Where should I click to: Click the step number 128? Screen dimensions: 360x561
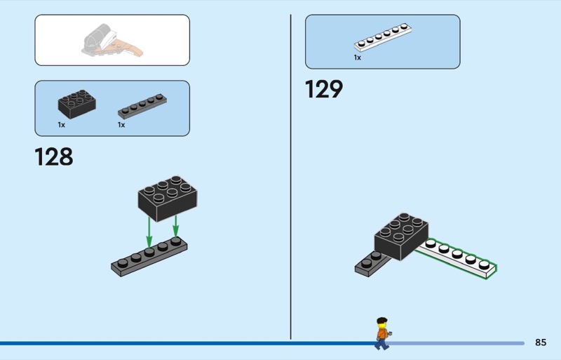(54, 156)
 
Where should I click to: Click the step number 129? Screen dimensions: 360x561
(324, 89)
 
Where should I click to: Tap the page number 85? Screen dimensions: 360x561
(540, 342)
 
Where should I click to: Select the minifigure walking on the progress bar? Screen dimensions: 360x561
(381, 333)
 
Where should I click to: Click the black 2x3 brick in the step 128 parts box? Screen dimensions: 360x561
(76, 105)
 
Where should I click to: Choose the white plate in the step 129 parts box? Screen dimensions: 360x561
(383, 38)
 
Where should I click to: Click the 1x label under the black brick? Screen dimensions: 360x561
(62, 125)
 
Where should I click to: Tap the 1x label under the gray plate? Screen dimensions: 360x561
(121, 125)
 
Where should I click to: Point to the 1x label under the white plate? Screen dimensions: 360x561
(358, 58)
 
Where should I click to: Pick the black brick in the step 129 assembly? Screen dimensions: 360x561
(401, 236)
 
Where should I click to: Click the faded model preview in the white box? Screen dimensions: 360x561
(112, 41)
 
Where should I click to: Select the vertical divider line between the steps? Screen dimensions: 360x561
(290, 175)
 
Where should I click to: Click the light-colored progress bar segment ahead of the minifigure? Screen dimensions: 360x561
(456, 343)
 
